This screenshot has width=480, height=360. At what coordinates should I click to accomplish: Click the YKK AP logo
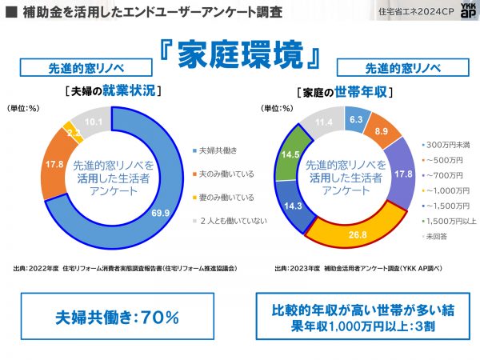coord(459,13)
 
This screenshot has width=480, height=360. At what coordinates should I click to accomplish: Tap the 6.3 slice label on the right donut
coord(357,119)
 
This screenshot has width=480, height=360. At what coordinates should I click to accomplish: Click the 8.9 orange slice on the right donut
coord(382,130)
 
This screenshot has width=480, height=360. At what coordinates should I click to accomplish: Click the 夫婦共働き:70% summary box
coord(117,317)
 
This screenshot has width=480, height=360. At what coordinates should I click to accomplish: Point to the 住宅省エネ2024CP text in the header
coord(407,12)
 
